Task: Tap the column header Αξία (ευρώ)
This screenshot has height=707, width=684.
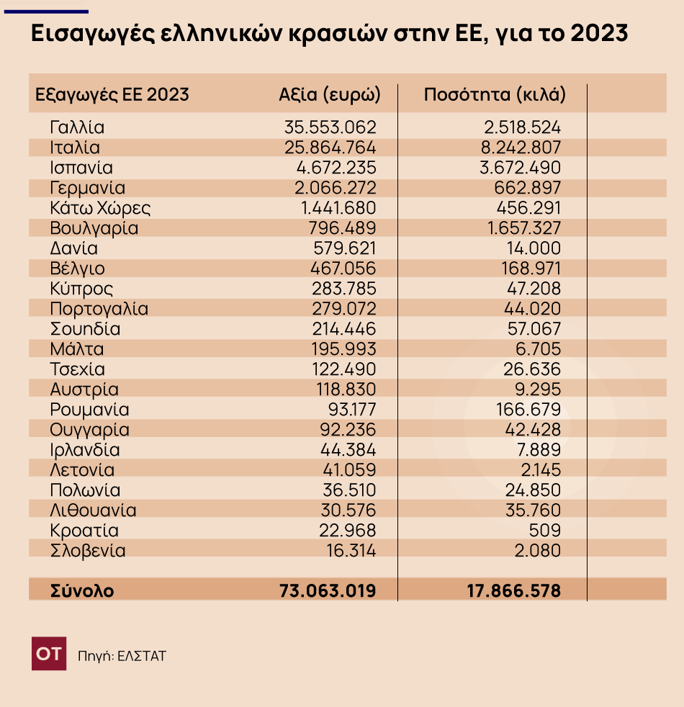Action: click(x=329, y=94)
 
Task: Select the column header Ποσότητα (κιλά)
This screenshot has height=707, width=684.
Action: click(x=495, y=94)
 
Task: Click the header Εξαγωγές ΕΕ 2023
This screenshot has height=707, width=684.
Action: click(x=112, y=94)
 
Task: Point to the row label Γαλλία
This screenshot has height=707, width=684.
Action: click(x=78, y=128)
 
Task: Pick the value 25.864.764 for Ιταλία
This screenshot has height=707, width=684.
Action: click(x=330, y=148)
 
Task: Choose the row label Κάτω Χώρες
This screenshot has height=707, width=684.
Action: click(x=100, y=209)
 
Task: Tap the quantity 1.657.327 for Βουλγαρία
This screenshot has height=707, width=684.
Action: click(x=523, y=229)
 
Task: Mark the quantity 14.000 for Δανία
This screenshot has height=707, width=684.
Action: click(x=534, y=249)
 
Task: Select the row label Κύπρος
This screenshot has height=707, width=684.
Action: click(x=82, y=289)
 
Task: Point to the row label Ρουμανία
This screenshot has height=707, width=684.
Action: click(x=90, y=410)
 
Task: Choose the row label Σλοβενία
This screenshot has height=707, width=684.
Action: click(x=89, y=551)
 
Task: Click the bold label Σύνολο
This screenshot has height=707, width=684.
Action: click(x=82, y=591)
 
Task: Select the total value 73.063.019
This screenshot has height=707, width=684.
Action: click(x=328, y=591)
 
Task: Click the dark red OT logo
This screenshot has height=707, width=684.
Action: click(x=49, y=654)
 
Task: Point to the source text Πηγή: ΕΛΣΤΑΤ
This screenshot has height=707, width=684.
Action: click(x=122, y=657)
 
